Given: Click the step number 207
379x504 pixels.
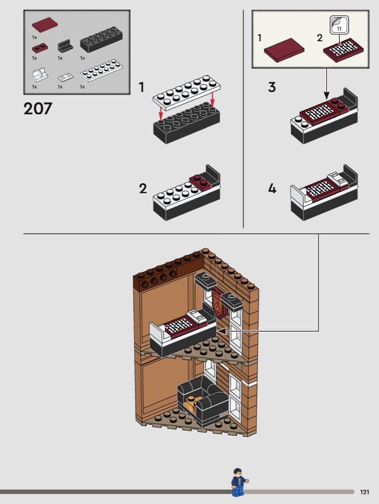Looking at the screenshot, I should click(x=37, y=108).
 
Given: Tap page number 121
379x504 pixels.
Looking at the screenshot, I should click(x=365, y=492).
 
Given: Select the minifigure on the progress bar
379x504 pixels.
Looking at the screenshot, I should click(x=238, y=481).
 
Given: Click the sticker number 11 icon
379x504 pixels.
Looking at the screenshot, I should click(x=339, y=25).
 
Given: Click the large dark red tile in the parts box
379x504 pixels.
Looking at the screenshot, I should click(x=45, y=24).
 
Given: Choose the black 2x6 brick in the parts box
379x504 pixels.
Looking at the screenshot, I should click(x=101, y=40).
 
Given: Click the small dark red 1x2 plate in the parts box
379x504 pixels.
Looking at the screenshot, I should click(x=39, y=48).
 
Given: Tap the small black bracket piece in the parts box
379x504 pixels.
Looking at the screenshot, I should click(x=65, y=47).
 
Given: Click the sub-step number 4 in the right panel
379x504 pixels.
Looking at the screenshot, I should click(x=272, y=189).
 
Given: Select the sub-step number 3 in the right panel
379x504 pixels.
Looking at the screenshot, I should click(x=272, y=87).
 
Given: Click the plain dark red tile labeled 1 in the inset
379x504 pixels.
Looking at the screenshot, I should click(x=284, y=50).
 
